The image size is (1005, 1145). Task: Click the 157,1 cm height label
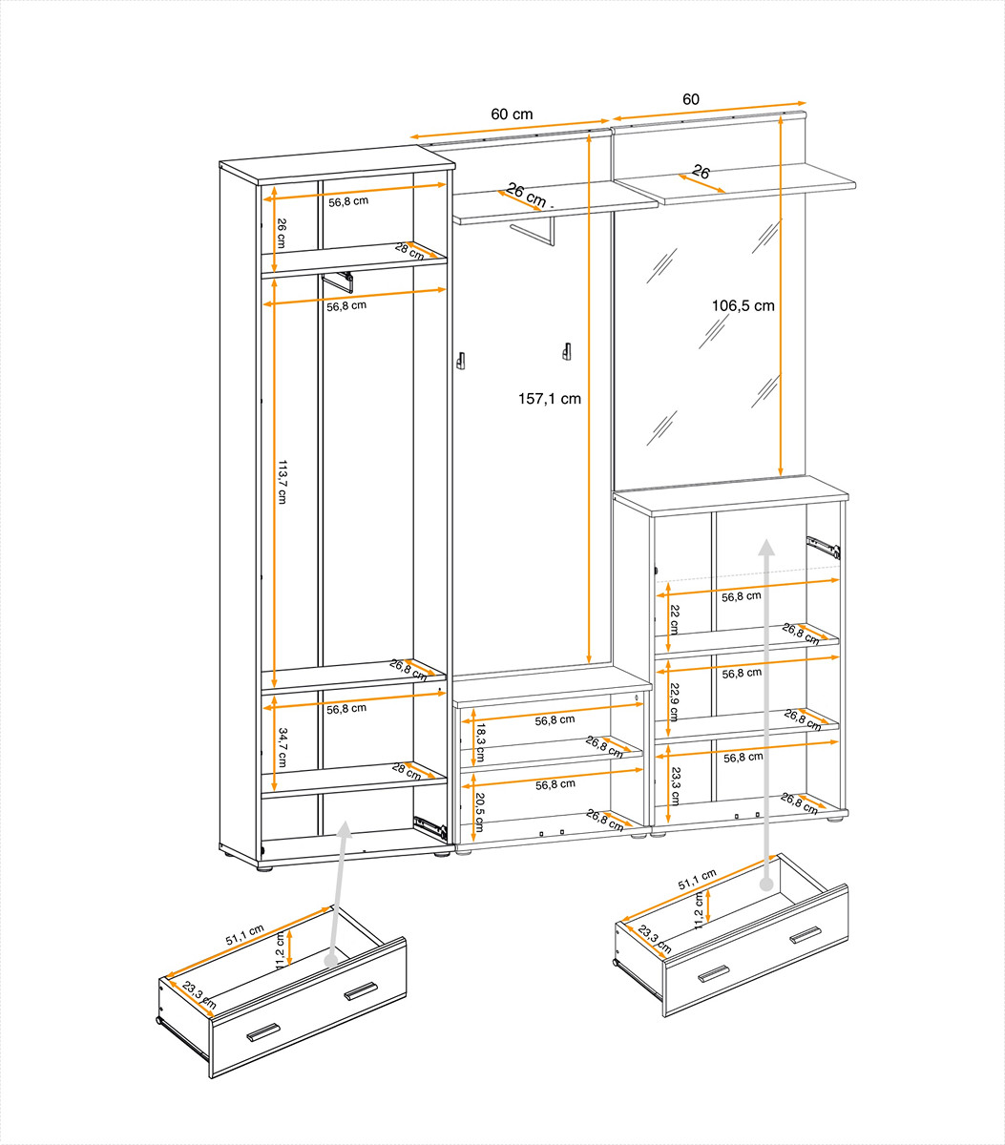[550, 399]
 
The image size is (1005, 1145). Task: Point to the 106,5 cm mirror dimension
[743, 305]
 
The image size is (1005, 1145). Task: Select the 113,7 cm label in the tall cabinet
[283, 482]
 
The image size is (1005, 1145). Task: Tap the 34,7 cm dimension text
[283, 747]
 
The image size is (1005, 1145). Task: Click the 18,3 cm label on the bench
[480, 742]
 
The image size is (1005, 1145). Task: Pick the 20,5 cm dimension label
[479, 812]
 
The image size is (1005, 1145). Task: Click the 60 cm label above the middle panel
[512, 114]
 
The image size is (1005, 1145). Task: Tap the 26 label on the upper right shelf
[701, 172]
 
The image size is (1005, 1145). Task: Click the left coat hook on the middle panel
[460, 361]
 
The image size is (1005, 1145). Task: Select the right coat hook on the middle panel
[566, 351]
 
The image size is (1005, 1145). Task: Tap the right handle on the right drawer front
[805, 934]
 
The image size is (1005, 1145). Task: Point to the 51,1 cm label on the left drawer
[244, 935]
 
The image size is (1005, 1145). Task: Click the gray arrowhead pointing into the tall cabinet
[344, 829]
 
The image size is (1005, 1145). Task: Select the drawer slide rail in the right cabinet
[823, 547]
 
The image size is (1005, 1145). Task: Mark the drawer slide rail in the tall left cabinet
[430, 827]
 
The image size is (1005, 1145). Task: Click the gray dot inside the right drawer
[765, 885]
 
